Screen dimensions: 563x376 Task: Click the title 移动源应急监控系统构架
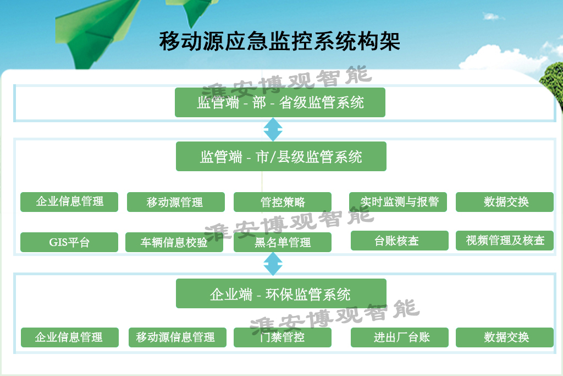tap(280, 41)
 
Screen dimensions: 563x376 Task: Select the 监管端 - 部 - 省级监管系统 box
tap(280, 102)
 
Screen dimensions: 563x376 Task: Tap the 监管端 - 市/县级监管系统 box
tap(281, 156)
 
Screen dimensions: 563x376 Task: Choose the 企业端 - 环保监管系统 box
tap(281, 293)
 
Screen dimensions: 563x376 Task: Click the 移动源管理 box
tap(176, 202)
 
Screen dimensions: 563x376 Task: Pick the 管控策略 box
tap(283, 202)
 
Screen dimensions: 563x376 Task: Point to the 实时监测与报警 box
tap(398, 202)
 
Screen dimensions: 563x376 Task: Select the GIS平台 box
tap(69, 242)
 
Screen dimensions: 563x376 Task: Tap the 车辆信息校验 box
tap(174, 242)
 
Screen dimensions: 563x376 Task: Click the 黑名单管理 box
tap(283, 242)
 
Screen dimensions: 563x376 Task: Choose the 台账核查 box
tap(400, 241)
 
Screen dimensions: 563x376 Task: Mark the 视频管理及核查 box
tap(505, 241)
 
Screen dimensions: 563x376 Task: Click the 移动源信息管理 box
tap(178, 337)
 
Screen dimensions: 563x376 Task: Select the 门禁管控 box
tap(283, 337)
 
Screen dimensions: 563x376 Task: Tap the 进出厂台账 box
tap(400, 337)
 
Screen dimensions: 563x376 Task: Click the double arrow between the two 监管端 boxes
tap(273, 129)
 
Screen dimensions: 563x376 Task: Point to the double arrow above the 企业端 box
tap(273, 264)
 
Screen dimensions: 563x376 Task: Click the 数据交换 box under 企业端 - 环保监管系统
tap(505, 337)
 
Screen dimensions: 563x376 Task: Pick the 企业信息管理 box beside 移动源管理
tap(69, 202)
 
